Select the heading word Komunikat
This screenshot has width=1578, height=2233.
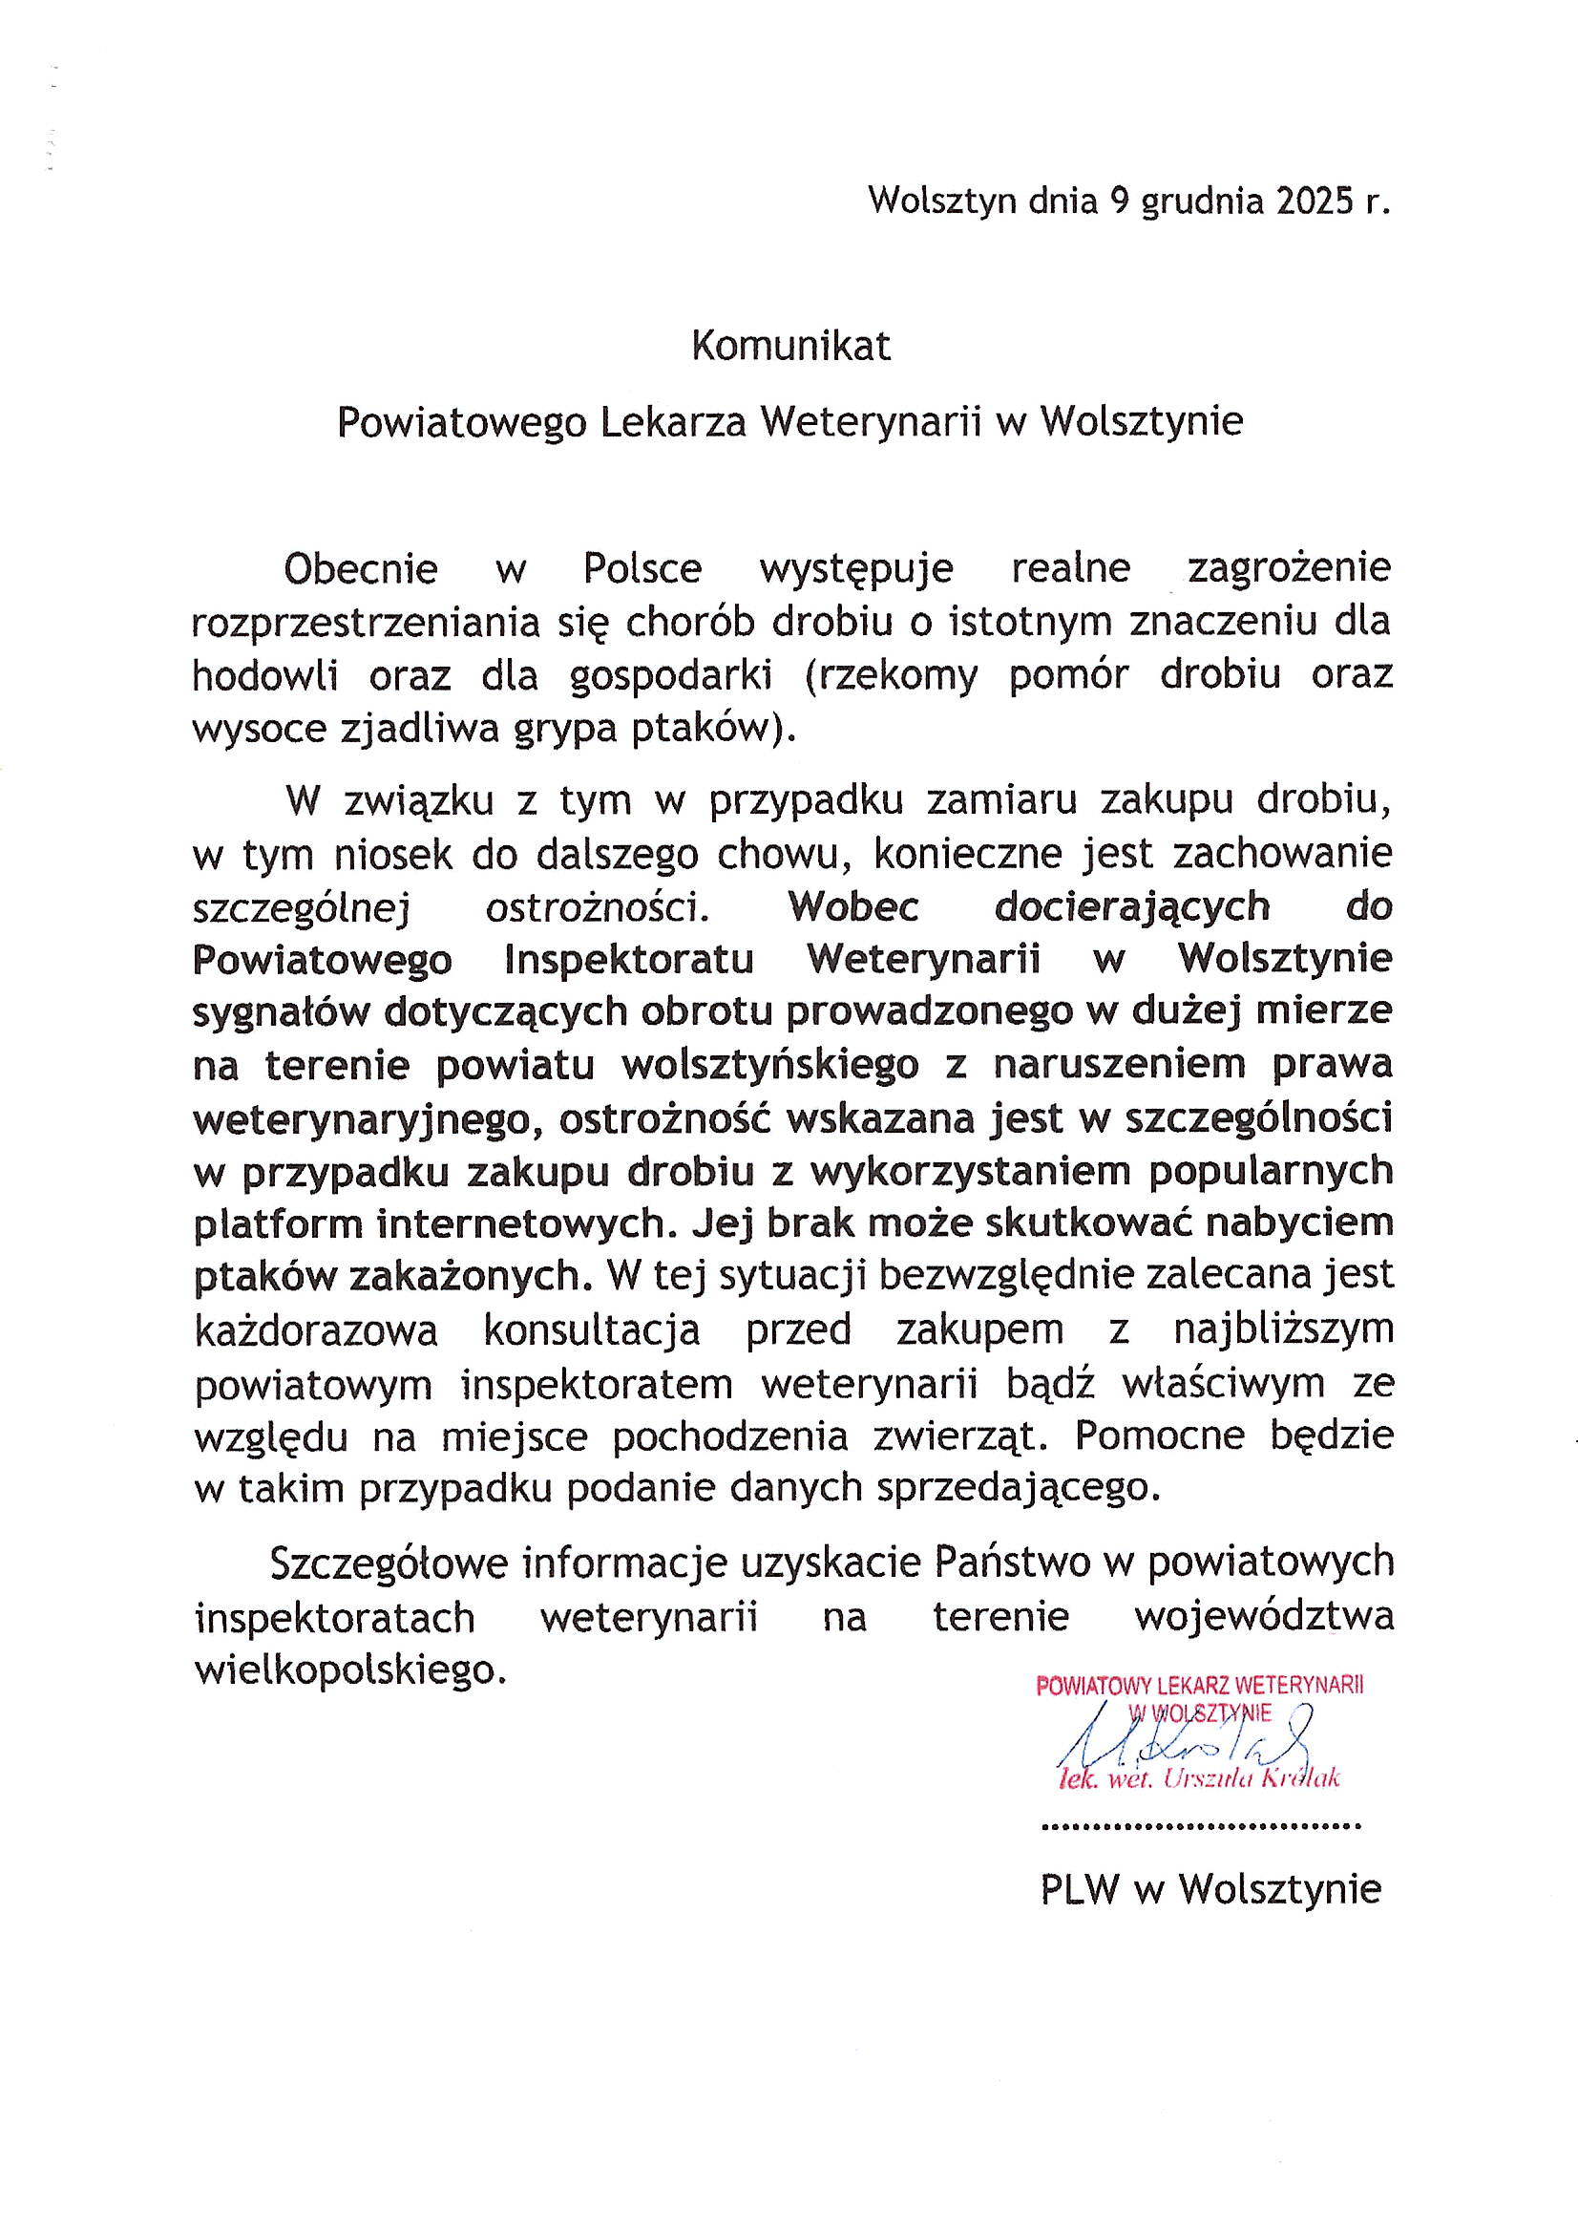(790, 348)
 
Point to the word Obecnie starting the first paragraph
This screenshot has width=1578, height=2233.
(361, 569)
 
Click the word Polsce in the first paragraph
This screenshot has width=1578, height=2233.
(642, 569)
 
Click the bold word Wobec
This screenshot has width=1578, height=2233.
(853, 907)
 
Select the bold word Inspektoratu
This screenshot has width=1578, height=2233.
(629, 960)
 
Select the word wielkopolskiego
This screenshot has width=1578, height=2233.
(351, 1670)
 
